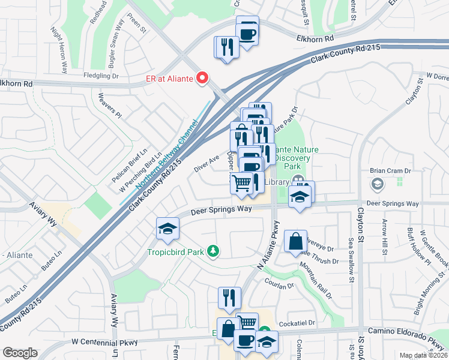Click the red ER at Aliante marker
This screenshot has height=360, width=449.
coord(203,77)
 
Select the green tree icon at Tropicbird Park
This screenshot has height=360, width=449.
coord(212,251)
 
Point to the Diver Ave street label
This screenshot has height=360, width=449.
coord(206,164)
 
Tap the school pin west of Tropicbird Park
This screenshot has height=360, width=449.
coord(167,227)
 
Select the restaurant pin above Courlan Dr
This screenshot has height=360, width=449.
coord(229,297)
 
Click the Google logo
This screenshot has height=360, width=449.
coord(20,353)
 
